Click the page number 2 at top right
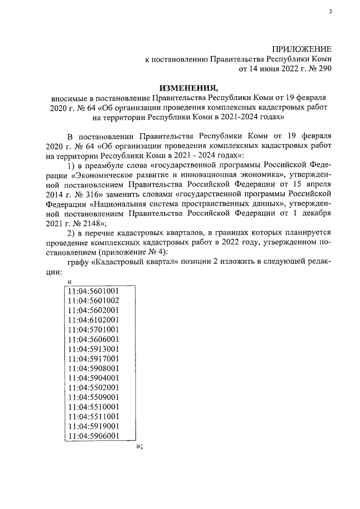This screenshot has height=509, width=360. click(330, 12)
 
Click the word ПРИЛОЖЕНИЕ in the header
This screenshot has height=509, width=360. click(303, 49)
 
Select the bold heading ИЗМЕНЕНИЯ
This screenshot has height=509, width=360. click(188, 88)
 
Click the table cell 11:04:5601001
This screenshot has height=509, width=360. click(93, 291)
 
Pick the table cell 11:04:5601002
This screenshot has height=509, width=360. click(93, 300)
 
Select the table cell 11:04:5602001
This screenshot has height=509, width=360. click(93, 310)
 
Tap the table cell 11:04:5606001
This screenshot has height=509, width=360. click(93, 339)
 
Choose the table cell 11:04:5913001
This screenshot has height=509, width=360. click(93, 349)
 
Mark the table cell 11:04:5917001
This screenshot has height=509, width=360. click(93, 358)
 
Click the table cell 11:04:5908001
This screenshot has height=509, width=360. click(93, 368)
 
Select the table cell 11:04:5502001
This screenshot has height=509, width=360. click(93, 388)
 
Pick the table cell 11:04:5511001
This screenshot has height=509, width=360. click(93, 416)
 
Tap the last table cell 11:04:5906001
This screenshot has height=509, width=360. click(93, 436)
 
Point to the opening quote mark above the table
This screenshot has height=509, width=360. click(69, 282)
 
